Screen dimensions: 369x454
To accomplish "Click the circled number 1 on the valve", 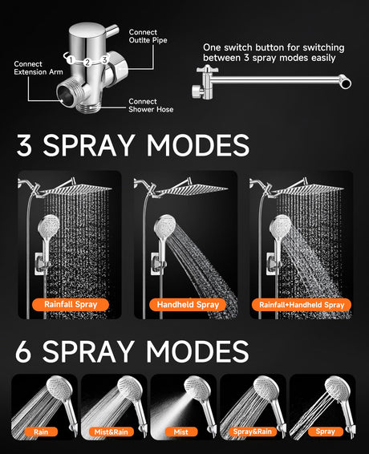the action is click(71, 60).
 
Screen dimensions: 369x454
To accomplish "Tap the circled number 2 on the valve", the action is click(87, 62).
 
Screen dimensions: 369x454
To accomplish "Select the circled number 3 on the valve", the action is click(104, 60).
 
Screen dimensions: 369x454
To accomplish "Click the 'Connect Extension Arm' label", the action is click(39, 68).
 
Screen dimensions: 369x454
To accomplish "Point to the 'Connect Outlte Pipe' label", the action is click(148, 36).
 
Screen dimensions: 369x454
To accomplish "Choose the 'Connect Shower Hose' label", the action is click(151, 105).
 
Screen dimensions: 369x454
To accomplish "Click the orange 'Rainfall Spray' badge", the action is click(71, 305).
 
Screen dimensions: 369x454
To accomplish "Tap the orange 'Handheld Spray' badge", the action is click(188, 305).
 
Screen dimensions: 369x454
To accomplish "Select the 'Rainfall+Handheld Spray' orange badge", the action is click(302, 305).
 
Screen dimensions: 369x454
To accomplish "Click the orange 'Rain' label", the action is click(41, 432).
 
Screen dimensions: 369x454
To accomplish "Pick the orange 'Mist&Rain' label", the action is click(111, 432).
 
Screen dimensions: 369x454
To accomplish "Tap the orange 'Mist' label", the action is click(181, 432).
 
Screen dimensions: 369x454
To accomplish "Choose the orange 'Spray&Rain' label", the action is click(252, 432).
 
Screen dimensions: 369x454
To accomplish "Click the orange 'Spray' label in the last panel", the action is click(325, 432).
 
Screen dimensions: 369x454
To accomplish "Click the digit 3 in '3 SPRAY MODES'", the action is click(24, 145).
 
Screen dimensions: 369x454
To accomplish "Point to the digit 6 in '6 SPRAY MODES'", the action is click(23, 351).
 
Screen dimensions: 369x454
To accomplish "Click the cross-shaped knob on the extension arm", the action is click(208, 69).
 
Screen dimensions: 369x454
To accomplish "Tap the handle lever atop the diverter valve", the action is click(112, 30).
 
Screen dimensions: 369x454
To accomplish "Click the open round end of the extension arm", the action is click(346, 83).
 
